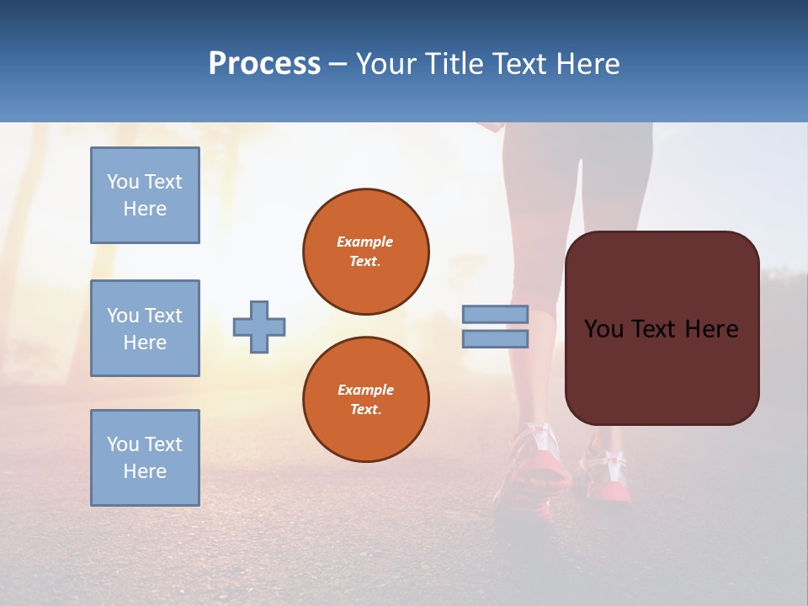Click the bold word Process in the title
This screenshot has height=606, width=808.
pos(264,64)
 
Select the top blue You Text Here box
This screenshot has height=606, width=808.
pos(145,195)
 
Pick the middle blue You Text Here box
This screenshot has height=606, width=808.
pos(145,328)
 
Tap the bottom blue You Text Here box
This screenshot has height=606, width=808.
pos(145,458)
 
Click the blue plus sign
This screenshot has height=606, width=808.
pos(259,327)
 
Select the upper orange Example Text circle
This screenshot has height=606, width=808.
pos(365,252)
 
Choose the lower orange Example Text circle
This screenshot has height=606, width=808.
pos(365,400)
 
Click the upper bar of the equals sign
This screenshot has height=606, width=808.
pos(495,314)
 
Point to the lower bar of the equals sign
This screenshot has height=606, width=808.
pos(495,338)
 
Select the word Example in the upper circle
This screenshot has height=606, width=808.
pos(365,242)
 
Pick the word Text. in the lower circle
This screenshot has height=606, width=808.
pos(365,410)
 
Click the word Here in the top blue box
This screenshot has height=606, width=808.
pos(145,209)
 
